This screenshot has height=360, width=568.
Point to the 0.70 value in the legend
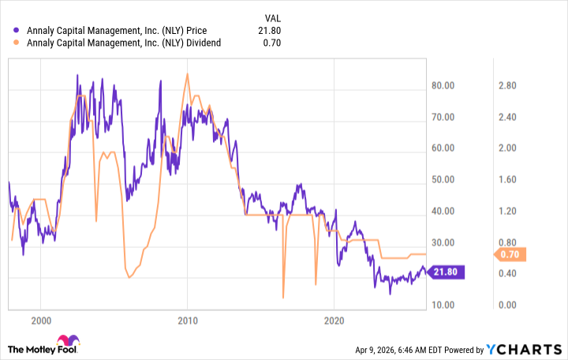[272, 43]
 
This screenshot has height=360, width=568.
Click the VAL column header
[270, 17]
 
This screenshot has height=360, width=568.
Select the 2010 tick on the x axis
[187, 321]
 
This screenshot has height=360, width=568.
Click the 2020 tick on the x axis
[334, 321]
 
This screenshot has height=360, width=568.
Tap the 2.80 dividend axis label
[506, 85]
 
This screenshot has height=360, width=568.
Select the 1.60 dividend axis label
[506, 180]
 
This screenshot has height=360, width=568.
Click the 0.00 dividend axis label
[506, 306]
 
